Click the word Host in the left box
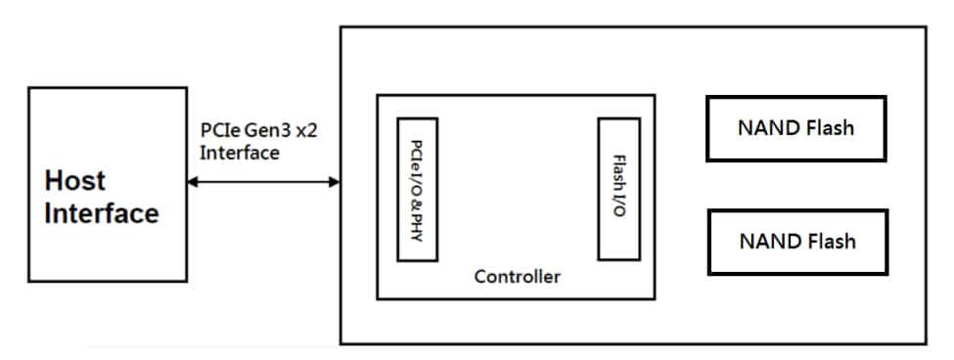75,181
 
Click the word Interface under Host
102,214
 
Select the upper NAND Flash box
795,127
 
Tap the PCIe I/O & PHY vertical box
417,189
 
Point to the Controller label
518,277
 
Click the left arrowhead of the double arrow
193,182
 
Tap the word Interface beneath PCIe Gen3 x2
239,153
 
